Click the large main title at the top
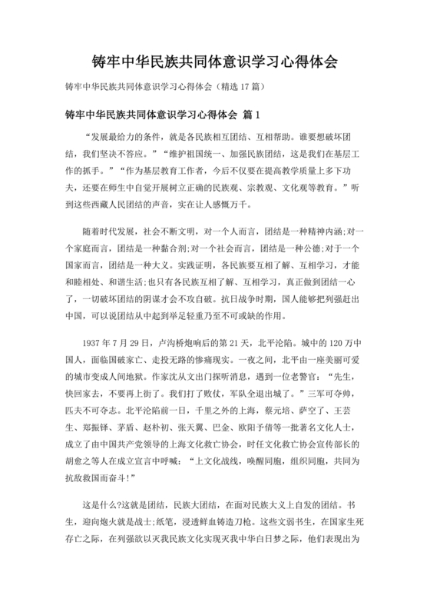[x=214, y=60]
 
